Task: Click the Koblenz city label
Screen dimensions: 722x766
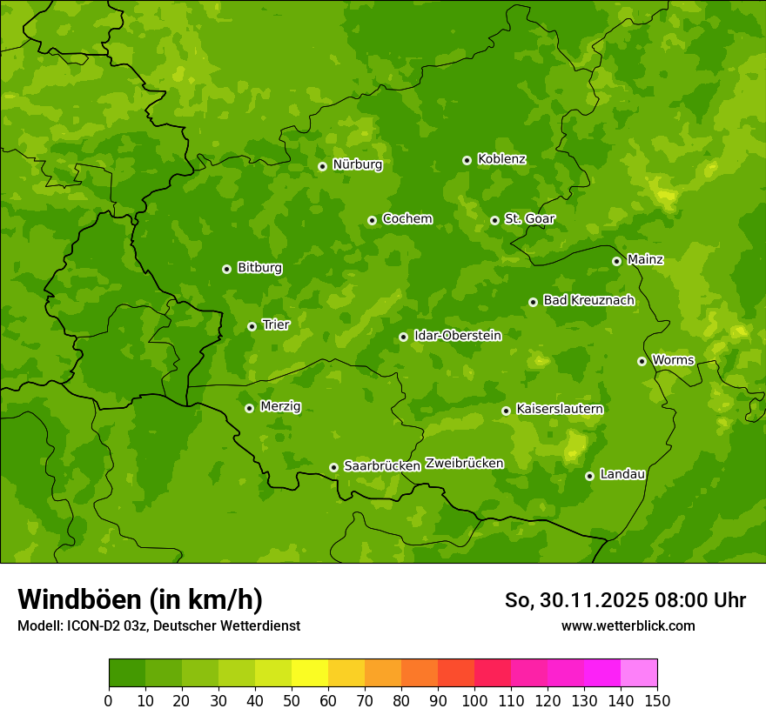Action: click(x=501, y=159)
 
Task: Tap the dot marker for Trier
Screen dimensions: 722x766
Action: click(x=252, y=326)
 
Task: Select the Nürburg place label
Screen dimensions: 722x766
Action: click(x=357, y=164)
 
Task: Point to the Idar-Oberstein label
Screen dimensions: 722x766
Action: click(x=457, y=335)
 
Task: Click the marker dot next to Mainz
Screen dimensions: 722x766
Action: click(x=616, y=261)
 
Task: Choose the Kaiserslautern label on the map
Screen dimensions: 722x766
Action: click(x=560, y=409)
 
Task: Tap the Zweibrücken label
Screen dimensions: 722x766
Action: click(x=464, y=464)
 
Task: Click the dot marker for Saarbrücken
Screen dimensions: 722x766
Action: click(x=333, y=467)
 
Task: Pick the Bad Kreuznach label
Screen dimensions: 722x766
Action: click(x=588, y=300)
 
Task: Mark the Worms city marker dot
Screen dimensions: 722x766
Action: click(x=642, y=361)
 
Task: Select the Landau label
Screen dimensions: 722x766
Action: click(x=622, y=474)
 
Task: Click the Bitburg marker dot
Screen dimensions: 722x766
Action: click(x=226, y=269)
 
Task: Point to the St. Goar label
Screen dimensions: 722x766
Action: click(x=529, y=218)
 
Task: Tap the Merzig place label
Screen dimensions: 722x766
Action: click(x=280, y=406)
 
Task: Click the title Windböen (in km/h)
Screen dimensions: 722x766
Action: click(x=140, y=599)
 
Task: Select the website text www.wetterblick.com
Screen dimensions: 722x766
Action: click(x=628, y=625)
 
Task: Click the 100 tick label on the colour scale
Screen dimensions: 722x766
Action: click(x=474, y=699)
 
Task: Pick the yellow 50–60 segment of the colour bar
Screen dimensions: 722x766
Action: click(x=310, y=672)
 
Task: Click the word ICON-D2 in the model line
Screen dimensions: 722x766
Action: click(x=91, y=625)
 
